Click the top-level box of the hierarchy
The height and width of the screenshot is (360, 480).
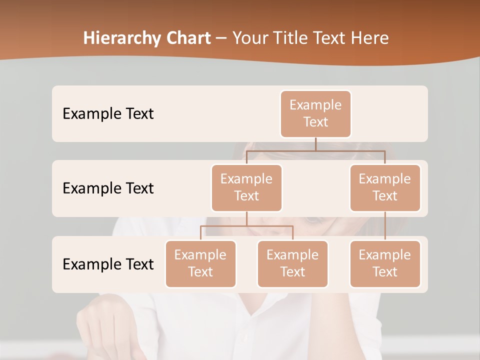point(315,113)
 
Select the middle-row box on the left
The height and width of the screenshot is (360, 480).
point(246,187)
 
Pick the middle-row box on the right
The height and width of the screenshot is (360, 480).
point(385,187)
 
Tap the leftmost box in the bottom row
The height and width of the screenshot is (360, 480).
point(200,263)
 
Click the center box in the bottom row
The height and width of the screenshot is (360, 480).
point(292,263)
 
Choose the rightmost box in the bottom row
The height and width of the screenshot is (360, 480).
point(385,263)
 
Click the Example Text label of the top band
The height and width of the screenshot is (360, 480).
point(108,113)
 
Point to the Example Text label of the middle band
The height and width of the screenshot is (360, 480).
point(108,188)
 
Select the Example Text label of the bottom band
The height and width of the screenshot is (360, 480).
point(108,264)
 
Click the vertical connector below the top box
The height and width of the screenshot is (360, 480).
point(315,144)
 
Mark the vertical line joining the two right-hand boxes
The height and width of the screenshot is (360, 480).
point(385,226)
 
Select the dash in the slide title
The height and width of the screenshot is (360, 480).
point(221,38)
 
